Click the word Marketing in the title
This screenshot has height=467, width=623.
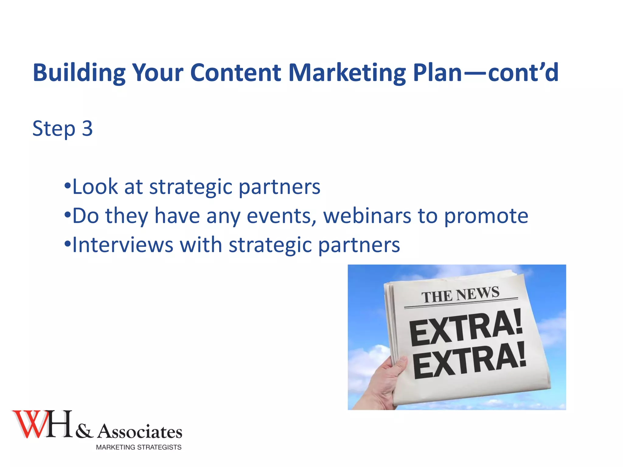pyautogui.click(x=347, y=73)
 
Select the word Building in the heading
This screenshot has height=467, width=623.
pyautogui.click(x=79, y=73)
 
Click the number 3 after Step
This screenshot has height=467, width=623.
pyautogui.click(x=87, y=128)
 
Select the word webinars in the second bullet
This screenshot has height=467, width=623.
pyautogui.click(x=367, y=216)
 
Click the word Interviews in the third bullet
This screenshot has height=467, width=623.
pyautogui.click(x=123, y=245)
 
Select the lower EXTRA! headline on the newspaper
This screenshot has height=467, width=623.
pyautogui.click(x=469, y=360)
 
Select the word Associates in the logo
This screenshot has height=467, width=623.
pyautogui.click(x=140, y=431)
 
